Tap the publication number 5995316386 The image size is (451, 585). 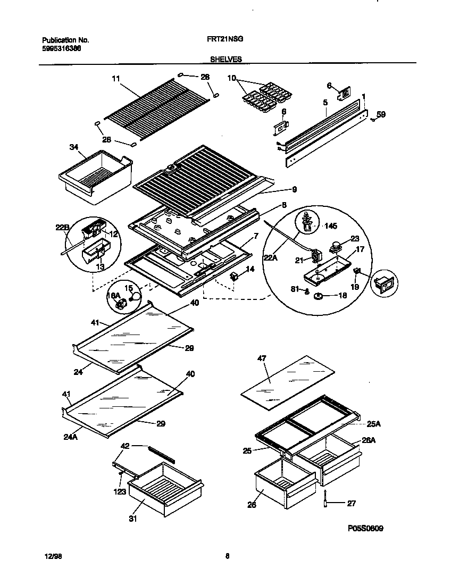(x=61, y=48)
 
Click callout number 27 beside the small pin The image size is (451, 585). (x=351, y=503)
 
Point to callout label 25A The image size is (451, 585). (x=373, y=423)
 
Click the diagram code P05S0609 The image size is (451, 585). (x=365, y=529)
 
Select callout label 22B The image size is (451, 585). (x=62, y=228)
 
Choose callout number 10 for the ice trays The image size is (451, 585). (x=231, y=78)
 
